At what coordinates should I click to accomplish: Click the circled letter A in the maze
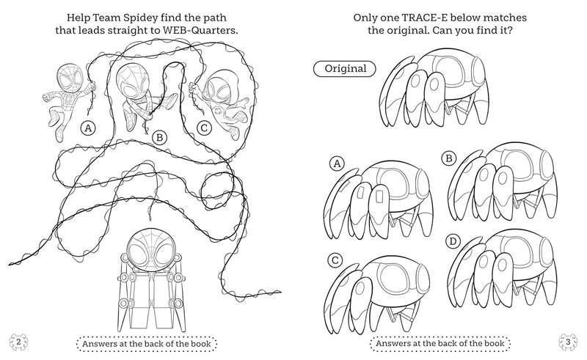point(88,128)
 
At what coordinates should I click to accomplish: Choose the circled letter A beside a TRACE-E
point(338,164)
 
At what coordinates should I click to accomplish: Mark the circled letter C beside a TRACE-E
point(335,260)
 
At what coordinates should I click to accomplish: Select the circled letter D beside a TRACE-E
point(453,241)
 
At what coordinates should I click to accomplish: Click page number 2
point(17,342)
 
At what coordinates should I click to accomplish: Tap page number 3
point(569,342)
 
